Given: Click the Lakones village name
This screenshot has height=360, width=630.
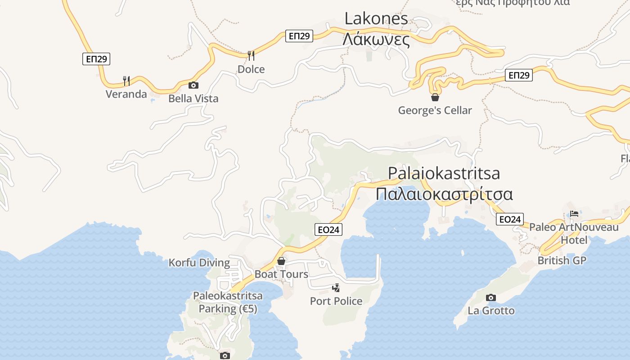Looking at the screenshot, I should (376, 18).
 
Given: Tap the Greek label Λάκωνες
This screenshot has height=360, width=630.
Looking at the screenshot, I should (376, 40).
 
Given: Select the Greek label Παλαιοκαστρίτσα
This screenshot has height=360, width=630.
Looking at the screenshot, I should (444, 194).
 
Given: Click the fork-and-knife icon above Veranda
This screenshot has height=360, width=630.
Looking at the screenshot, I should (126, 81).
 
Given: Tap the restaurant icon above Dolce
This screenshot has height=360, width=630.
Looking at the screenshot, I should (251, 56).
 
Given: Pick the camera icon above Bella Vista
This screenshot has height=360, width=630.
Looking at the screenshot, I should (193, 85).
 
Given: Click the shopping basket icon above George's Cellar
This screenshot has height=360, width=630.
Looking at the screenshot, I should (435, 97).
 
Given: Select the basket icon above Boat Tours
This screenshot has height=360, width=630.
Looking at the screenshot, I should (281, 261).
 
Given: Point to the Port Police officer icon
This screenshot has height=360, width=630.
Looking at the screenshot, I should (336, 288).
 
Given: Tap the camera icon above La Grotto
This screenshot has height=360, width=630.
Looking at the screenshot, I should (491, 297).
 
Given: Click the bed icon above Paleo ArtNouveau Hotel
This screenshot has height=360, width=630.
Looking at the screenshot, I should (574, 214).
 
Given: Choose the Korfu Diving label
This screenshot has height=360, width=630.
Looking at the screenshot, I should (199, 263).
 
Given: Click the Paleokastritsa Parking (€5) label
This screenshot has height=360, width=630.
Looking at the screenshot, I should (228, 302).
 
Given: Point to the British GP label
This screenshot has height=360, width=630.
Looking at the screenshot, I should (562, 261).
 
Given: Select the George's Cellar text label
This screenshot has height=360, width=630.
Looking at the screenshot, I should (435, 110).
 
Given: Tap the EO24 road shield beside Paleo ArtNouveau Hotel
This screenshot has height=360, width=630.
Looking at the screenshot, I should (510, 220).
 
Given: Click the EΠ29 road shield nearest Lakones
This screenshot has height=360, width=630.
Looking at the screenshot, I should (299, 36).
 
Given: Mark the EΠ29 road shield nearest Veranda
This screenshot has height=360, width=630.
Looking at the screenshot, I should (96, 59).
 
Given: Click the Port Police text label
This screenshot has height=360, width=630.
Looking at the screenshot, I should (336, 301).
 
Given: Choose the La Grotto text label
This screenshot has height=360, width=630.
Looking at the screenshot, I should (491, 310).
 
